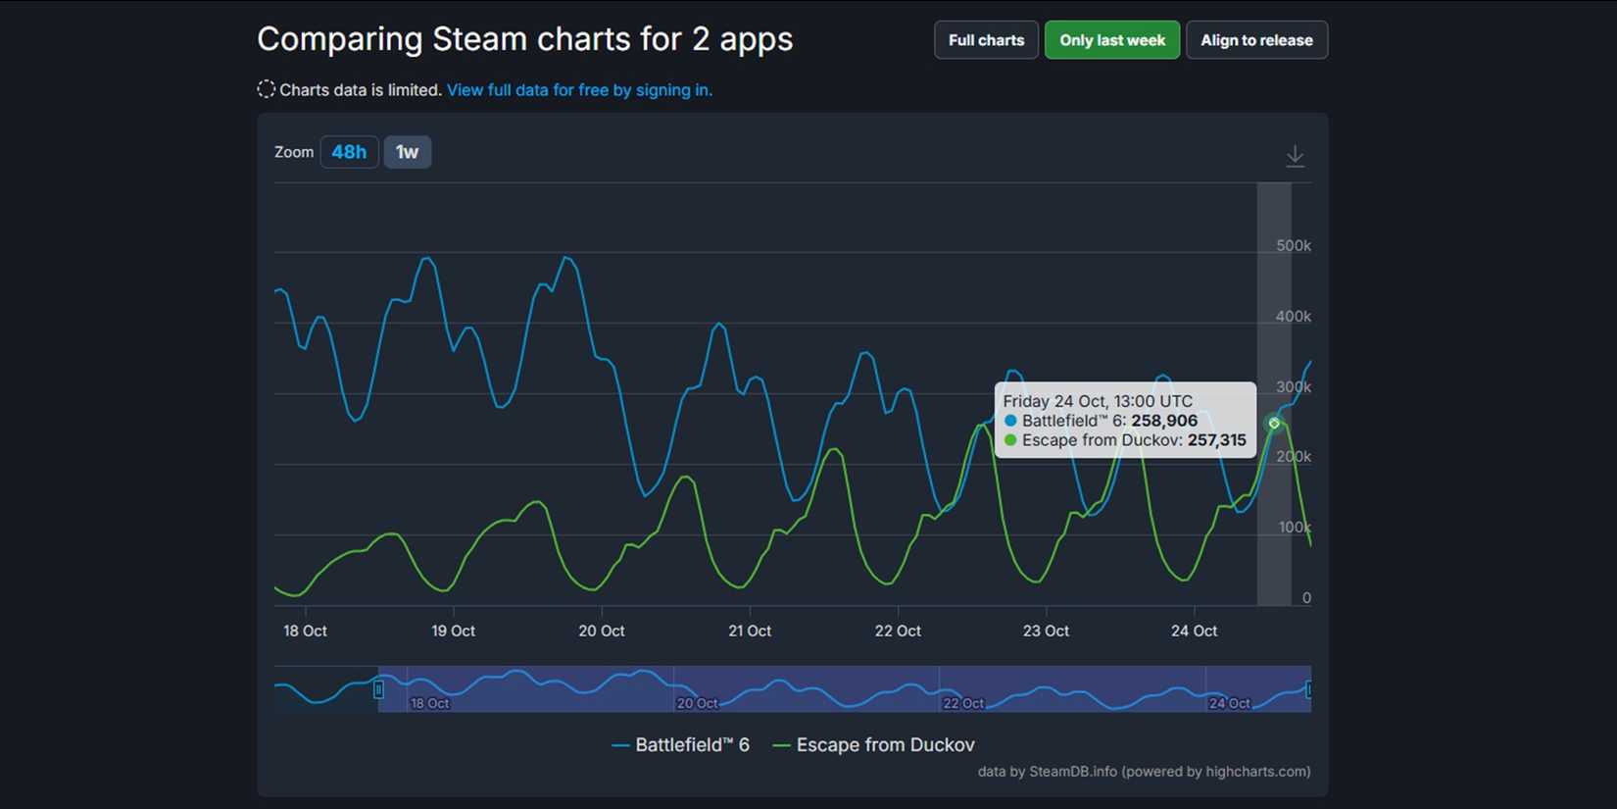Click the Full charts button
pos(986,40)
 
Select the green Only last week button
pos(1111,40)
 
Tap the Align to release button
pos(1256,40)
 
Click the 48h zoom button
pos(349,152)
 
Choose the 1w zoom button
pos(407,152)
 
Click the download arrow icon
pos(1295,156)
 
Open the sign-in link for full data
pos(579,90)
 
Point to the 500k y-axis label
pos(1293,246)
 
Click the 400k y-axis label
pos(1293,317)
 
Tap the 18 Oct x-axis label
pos(305,631)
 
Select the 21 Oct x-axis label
pos(749,631)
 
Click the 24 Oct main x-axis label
pos(1194,631)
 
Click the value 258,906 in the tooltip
pos(1163,421)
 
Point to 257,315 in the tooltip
pos(1216,440)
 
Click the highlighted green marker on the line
pos(1274,424)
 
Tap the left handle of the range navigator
pos(378,689)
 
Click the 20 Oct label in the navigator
pos(697,703)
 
